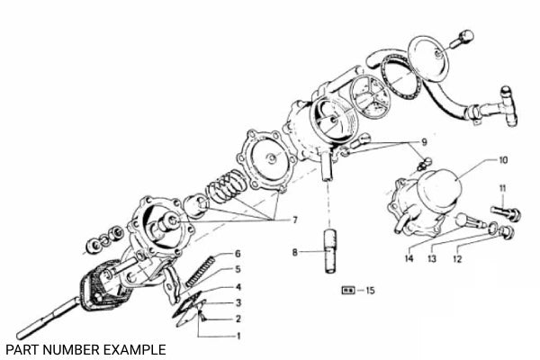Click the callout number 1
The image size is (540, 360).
[x=238, y=336]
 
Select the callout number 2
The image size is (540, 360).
[x=238, y=319]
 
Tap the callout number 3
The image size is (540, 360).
[x=238, y=302]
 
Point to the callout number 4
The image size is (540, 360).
[x=238, y=286]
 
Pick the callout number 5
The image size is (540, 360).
[x=238, y=269]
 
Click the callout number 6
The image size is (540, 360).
[x=238, y=253]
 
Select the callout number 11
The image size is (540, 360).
[x=502, y=187]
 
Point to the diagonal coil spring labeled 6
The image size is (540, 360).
[x=200, y=271]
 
